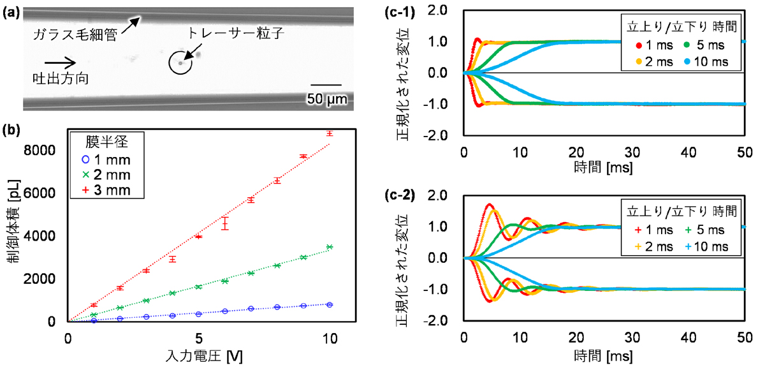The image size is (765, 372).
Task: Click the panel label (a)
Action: [11, 13]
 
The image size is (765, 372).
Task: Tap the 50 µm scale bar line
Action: [326, 85]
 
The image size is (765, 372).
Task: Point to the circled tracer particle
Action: [180, 63]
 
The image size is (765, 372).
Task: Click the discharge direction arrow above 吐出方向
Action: [60, 63]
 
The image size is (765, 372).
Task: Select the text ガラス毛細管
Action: [75, 35]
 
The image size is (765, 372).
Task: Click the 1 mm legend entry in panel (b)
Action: [106, 160]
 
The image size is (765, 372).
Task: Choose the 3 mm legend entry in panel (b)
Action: [106, 190]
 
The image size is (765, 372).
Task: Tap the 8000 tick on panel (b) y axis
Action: [40, 150]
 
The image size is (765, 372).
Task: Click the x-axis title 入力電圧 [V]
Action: [204, 356]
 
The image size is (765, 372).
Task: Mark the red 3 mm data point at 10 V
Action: [329, 133]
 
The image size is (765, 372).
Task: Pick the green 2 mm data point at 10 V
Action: [330, 247]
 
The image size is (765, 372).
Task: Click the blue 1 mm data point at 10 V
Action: [330, 304]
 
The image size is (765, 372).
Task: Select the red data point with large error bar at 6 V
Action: [224, 223]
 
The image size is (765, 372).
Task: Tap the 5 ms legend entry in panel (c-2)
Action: [705, 230]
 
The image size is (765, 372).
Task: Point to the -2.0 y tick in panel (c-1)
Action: [435, 135]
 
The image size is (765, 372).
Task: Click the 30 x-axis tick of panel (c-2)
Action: [632, 338]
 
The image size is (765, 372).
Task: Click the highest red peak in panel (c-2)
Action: [490, 204]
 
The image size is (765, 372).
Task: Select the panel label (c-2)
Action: [400, 195]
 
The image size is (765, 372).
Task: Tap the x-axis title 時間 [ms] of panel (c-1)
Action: [604, 168]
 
